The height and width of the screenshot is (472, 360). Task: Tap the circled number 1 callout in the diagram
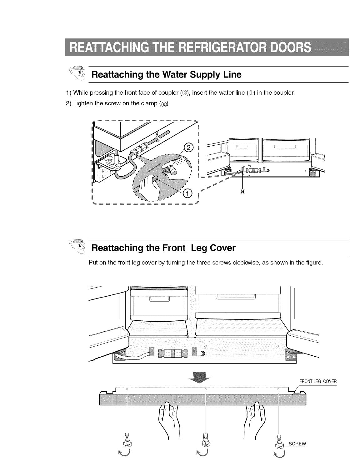(x=187, y=194)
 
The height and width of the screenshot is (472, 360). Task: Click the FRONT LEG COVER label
(x=318, y=381)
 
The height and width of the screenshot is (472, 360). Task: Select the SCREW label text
(x=297, y=444)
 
